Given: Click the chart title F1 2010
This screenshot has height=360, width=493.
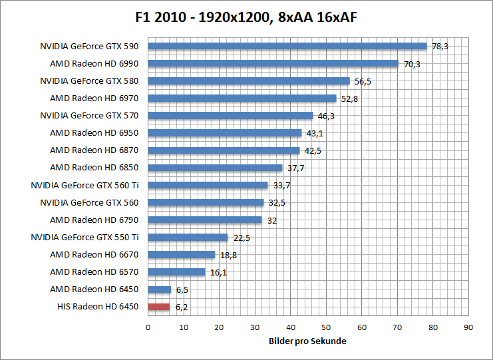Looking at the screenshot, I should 246,15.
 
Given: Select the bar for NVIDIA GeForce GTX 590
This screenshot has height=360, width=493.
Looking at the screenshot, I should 287,47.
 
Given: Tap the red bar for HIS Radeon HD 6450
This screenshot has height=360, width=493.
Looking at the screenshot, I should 159,307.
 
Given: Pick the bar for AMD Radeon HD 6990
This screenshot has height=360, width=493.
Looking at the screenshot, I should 273,64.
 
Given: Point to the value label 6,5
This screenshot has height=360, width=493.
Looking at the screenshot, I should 183,289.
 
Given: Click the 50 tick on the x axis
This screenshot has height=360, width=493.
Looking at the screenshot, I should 326,327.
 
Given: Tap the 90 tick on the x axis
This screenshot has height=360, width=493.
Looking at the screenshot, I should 468,327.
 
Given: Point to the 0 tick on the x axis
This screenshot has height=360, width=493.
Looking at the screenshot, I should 148,327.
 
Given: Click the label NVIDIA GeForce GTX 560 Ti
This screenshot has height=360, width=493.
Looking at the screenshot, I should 84,185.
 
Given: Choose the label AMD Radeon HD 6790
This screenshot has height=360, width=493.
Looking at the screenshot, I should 94,220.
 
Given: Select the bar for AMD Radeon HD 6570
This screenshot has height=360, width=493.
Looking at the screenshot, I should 176,272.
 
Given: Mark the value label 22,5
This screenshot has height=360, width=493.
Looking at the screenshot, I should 240,238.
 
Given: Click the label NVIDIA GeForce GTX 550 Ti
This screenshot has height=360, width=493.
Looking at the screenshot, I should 84,237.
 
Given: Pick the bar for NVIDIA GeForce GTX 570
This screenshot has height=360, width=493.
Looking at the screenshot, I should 230,116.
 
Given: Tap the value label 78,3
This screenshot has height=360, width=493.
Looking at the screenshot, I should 439,47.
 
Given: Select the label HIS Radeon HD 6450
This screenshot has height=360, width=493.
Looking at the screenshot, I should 98,307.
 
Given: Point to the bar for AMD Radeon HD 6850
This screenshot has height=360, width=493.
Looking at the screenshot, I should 215,168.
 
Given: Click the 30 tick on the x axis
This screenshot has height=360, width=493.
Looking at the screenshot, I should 255,327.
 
